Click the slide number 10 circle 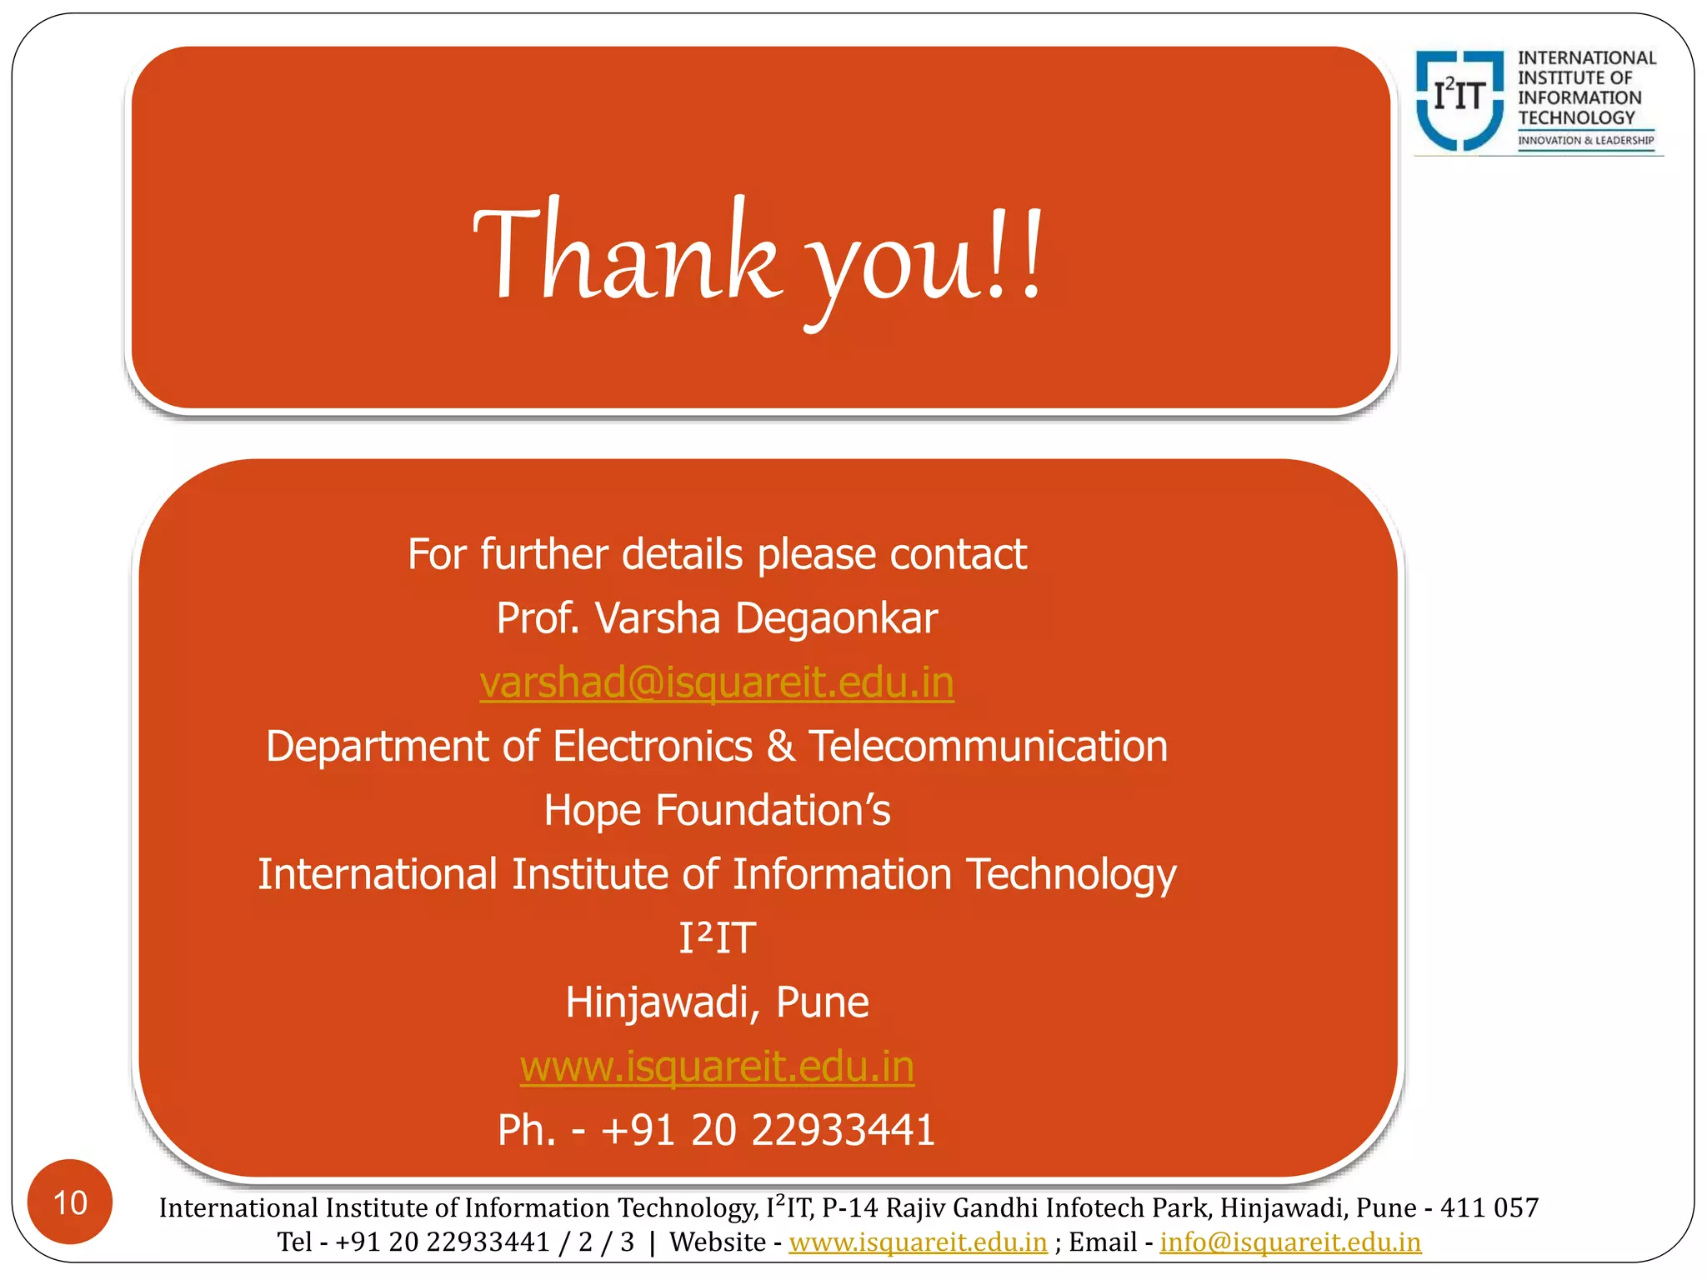[70, 1202]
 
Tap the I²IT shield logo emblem [1459, 99]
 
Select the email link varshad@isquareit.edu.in [717, 682]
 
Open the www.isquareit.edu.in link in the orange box [717, 1067]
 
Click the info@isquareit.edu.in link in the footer [1289, 1242]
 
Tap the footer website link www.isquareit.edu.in [918, 1242]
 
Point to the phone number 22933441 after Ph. [843, 1131]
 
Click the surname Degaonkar [836, 619]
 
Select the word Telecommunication [989, 746]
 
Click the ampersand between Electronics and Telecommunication [781, 746]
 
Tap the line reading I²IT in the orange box [717, 938]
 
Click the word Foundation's [773, 810]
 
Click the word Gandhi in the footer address [991, 1207]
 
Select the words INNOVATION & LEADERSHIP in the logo [1585, 140]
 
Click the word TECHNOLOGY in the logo [1576, 118]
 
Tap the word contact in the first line [959, 554]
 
